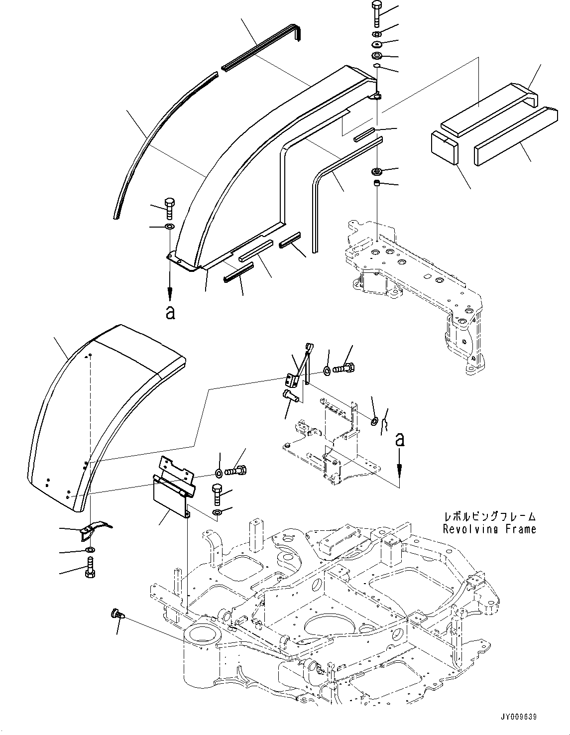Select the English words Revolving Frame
489,529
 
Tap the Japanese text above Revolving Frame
489,516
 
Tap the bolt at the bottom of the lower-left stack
90,568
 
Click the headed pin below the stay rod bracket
291,396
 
